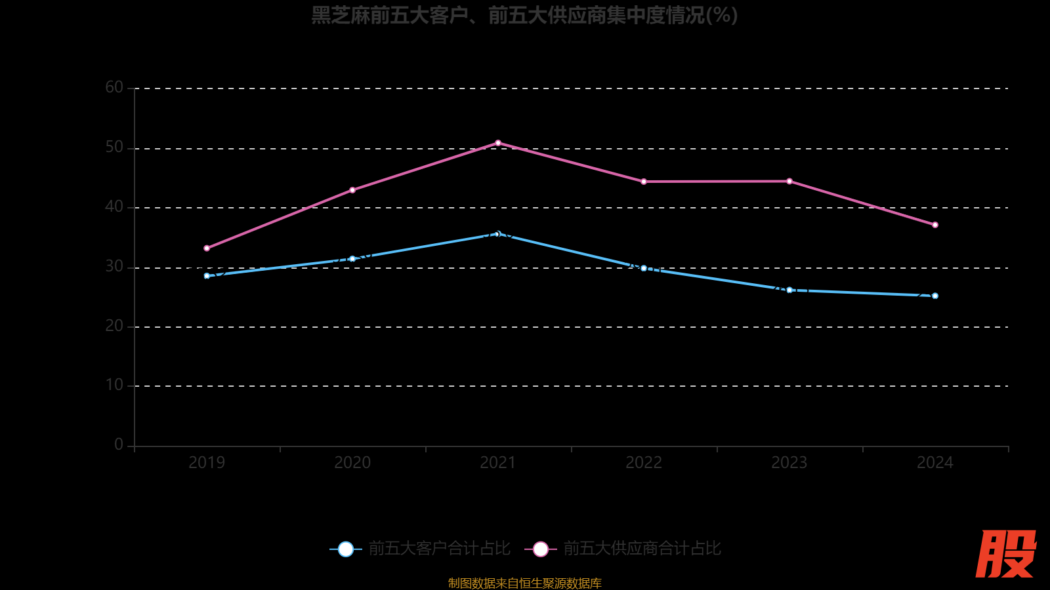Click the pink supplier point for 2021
click(x=498, y=143)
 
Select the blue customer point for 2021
click(x=498, y=234)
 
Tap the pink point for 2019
click(x=207, y=248)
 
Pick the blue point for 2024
click(x=935, y=296)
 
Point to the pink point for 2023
click(x=789, y=181)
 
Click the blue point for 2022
click(x=644, y=268)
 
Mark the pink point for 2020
click(x=352, y=190)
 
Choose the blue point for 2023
click(x=789, y=290)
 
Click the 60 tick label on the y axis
click(x=114, y=87)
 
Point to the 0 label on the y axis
click(x=119, y=444)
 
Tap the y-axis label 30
click(x=114, y=266)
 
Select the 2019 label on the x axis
click(x=207, y=463)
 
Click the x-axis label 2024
click(x=935, y=463)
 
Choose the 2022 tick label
click(x=644, y=463)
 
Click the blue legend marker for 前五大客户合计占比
click(x=346, y=549)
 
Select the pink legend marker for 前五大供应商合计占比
click(x=541, y=549)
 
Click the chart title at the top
click(x=524, y=15)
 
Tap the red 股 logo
click(x=1005, y=554)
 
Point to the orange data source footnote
click(x=524, y=583)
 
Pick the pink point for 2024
click(x=935, y=225)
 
